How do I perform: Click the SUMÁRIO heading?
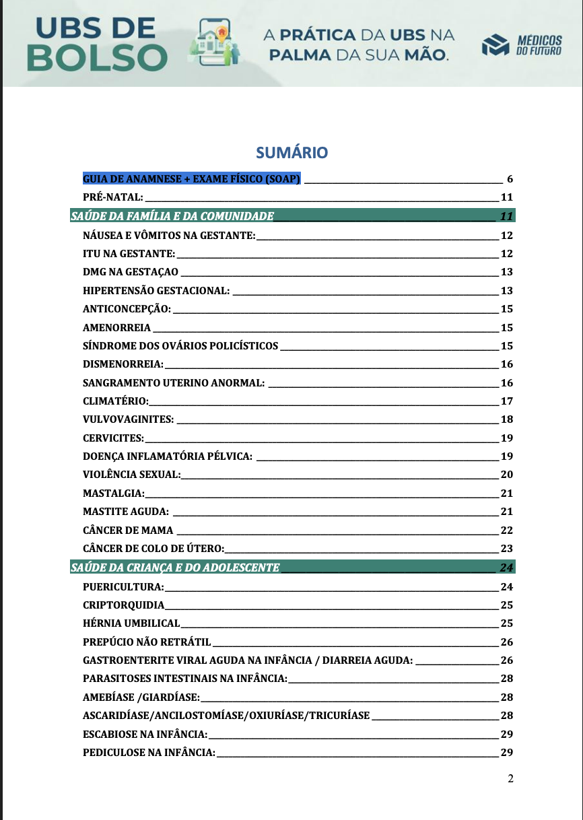pos(291,153)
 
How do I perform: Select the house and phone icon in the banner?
pos(216,42)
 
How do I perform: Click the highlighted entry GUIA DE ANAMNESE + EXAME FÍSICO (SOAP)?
pos(192,179)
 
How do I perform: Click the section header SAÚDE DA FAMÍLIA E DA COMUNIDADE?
pos(172,216)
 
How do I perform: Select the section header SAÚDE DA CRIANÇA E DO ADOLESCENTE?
pos(175,568)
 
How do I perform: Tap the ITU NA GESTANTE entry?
pos(129,254)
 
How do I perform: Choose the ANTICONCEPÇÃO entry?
pos(127,309)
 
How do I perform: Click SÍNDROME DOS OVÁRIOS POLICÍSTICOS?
pos(180,346)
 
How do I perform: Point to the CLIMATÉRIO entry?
pos(115,401)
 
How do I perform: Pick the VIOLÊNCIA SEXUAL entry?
pos(132,475)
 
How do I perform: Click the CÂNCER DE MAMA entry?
pos(128,530)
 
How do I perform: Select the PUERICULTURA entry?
pos(123,586)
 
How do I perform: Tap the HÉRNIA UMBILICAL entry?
pos(131,623)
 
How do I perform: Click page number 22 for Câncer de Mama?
pos(507,530)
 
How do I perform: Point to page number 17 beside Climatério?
pos(507,401)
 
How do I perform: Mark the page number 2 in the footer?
pos(510,779)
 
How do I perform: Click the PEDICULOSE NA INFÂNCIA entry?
pos(149,751)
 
